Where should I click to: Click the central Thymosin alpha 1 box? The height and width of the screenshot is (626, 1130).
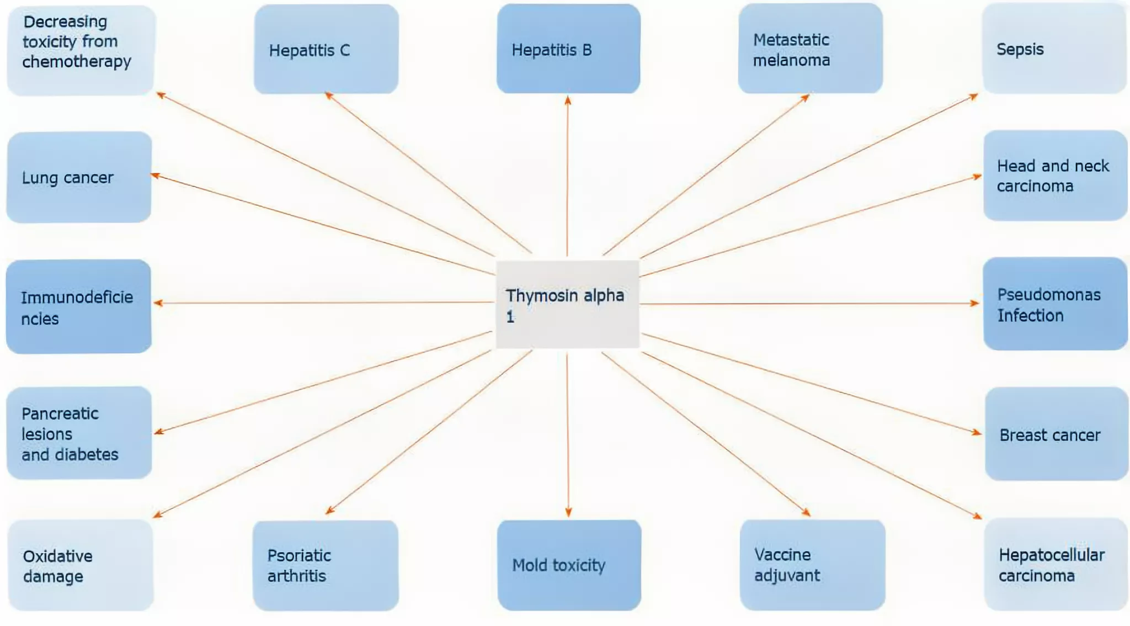pyautogui.click(x=567, y=304)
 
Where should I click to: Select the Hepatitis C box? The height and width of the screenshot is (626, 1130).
pyautogui.click(x=326, y=49)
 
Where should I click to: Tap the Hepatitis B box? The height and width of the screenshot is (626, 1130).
pyautogui.click(x=568, y=49)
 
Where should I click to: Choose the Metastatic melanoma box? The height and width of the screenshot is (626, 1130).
pyautogui.click(x=811, y=49)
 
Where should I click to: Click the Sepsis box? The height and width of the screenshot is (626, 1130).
pyautogui.click(x=1054, y=48)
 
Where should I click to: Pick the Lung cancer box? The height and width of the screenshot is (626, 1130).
pyautogui.click(x=79, y=177)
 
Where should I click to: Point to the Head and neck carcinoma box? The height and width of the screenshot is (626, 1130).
pyautogui.click(x=1056, y=176)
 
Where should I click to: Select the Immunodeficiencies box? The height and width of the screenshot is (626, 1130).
pyautogui.click(x=78, y=306)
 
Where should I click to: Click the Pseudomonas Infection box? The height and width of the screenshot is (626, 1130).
pyautogui.click(x=1056, y=304)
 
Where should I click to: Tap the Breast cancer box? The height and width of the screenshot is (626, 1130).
pyautogui.click(x=1057, y=434)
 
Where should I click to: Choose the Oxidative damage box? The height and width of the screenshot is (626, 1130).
pyautogui.click(x=81, y=565)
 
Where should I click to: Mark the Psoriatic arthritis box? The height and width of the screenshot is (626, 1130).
pyautogui.click(x=326, y=565)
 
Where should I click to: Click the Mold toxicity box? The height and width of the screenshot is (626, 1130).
pyautogui.click(x=569, y=565)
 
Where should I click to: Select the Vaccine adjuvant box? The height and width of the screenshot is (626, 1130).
pyautogui.click(x=812, y=565)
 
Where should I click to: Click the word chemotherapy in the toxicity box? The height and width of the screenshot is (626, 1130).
pyautogui.click(x=77, y=62)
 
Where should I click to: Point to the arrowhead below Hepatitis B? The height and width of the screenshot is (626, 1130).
pyautogui.click(x=568, y=100)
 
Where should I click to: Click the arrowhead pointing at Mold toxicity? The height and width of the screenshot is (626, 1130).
pyautogui.click(x=568, y=512)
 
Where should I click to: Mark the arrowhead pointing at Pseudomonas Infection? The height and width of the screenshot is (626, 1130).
pyautogui.click(x=974, y=303)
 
